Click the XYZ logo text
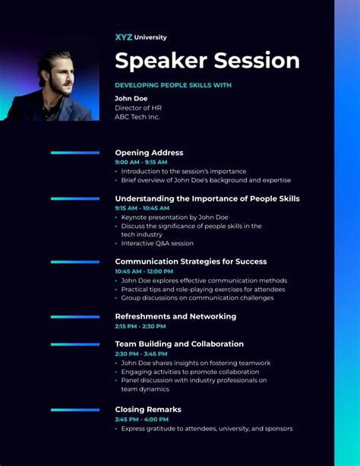click(x=124, y=37)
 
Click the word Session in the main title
click(x=257, y=60)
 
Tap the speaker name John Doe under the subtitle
click(x=131, y=98)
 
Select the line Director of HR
click(x=138, y=108)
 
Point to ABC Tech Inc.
click(x=137, y=117)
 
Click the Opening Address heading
click(x=149, y=153)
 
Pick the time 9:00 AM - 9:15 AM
click(x=141, y=162)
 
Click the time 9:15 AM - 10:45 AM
click(x=142, y=208)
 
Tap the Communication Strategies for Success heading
click(x=191, y=262)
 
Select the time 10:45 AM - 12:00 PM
click(x=144, y=271)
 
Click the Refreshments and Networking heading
click(x=175, y=316)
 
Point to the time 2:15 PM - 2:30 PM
click(x=141, y=326)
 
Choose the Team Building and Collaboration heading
click(x=179, y=344)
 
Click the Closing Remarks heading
click(x=148, y=410)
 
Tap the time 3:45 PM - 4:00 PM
click(x=142, y=420)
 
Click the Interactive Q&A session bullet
click(x=157, y=243)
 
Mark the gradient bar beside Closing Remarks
click(x=75, y=410)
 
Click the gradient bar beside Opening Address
click(x=75, y=153)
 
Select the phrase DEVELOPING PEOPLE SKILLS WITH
click(x=173, y=85)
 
